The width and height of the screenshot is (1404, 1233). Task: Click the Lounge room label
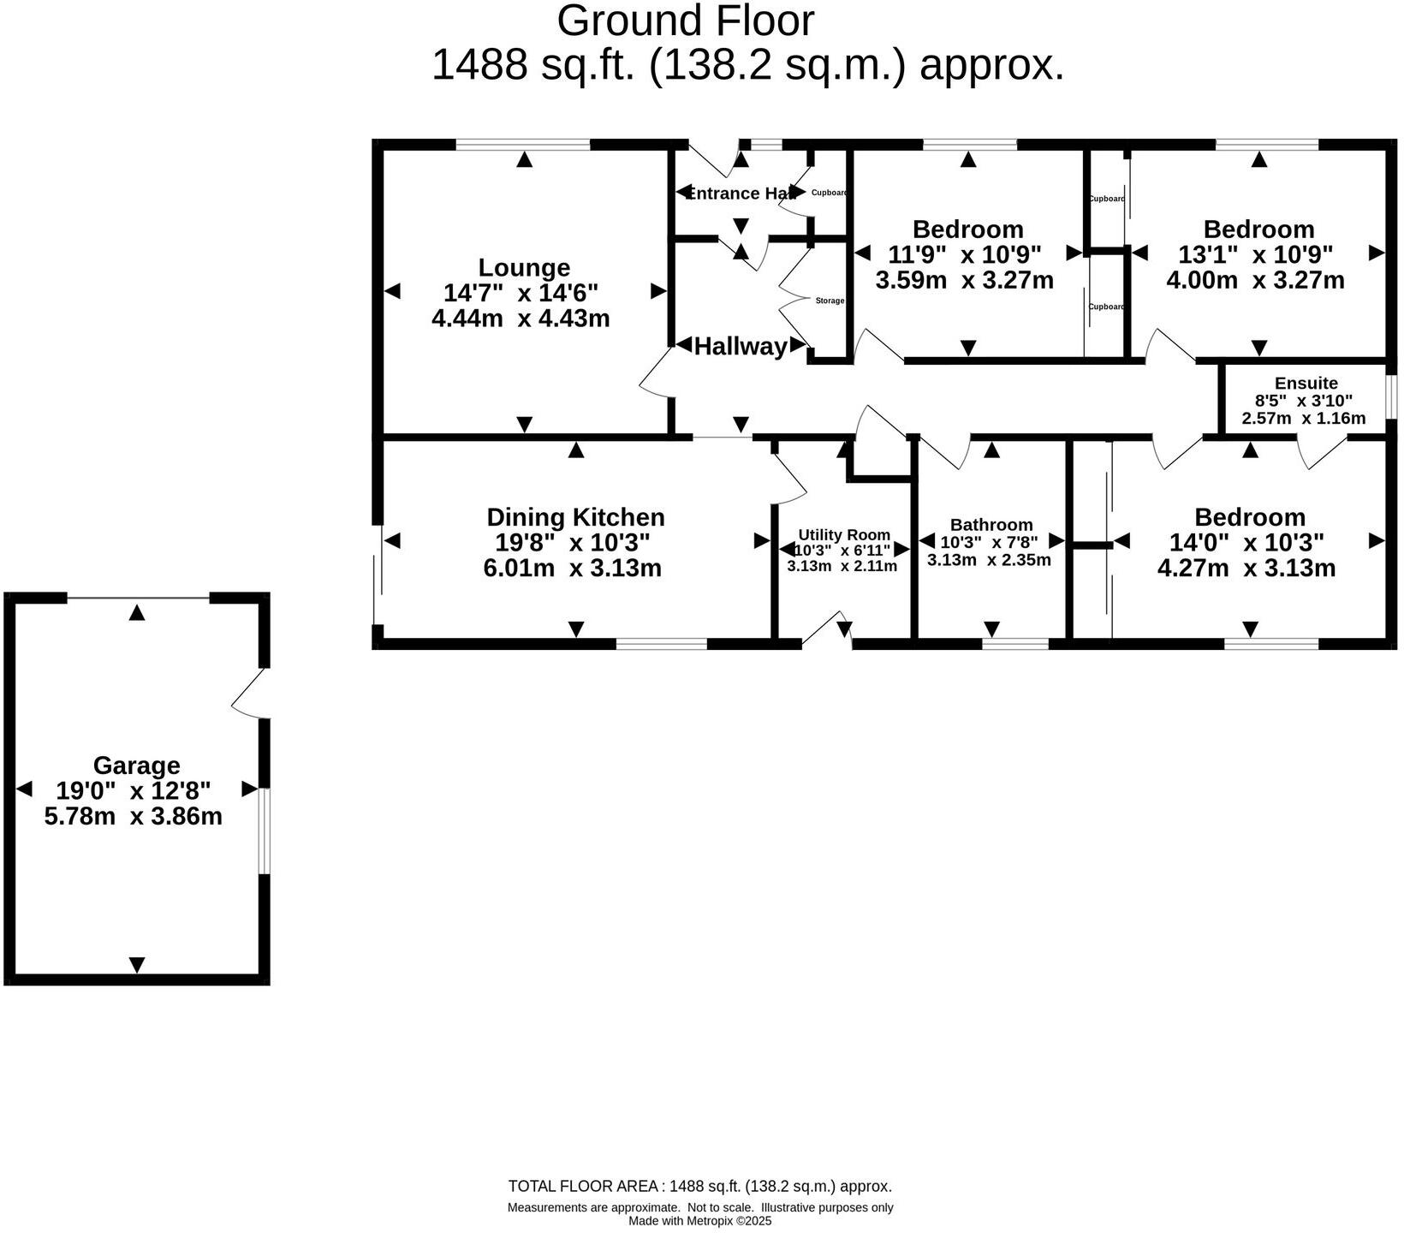[x=524, y=268]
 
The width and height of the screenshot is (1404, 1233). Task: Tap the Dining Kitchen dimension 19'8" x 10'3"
[x=573, y=542]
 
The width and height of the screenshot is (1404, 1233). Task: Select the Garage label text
[x=136, y=765]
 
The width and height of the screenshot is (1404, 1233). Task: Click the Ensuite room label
[x=1306, y=383]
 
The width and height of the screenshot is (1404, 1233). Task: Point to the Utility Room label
[x=843, y=534]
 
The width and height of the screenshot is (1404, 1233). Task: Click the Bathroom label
[x=991, y=524]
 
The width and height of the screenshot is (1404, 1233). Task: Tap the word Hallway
[x=741, y=346]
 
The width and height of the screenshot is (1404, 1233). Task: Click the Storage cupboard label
[x=830, y=301]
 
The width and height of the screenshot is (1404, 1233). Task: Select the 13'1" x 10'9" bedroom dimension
[x=1258, y=254]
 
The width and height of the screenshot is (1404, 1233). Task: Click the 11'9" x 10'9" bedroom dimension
[x=966, y=254]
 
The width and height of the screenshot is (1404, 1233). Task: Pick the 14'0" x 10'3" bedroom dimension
[x=1248, y=542]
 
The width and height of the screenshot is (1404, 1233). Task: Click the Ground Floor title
[x=685, y=21]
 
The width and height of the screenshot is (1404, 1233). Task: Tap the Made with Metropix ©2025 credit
[x=700, y=1221]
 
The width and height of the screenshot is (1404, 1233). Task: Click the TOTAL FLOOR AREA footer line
[x=699, y=1186]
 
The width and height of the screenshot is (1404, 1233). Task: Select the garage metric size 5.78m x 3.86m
[x=134, y=816]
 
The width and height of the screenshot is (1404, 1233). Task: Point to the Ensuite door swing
[x=1321, y=452]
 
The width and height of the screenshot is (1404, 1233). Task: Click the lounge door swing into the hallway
[x=655, y=374]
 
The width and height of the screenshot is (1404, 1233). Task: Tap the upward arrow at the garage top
[x=137, y=612]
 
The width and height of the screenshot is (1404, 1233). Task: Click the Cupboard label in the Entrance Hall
[x=829, y=193]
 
